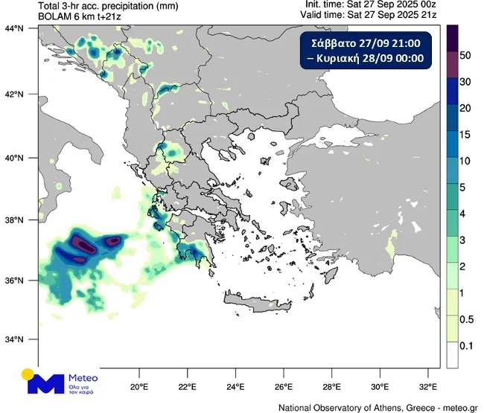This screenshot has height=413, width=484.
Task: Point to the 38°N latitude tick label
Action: tap(15, 220)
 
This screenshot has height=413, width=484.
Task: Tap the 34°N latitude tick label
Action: tap(15, 339)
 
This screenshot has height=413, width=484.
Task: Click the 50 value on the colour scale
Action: tap(465, 55)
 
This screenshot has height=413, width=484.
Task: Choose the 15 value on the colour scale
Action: tap(465, 134)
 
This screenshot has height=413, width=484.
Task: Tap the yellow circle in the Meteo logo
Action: tap(29, 374)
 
